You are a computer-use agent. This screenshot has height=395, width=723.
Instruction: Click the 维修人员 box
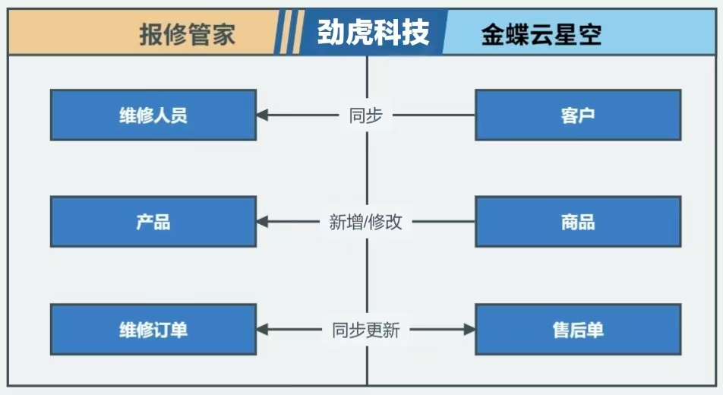point(153,115)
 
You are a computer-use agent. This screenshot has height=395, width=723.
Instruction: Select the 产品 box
point(153,222)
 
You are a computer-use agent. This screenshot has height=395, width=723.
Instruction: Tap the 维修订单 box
point(153,330)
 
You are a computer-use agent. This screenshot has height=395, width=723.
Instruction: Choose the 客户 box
point(578,115)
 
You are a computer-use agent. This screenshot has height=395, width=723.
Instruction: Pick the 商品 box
point(578,222)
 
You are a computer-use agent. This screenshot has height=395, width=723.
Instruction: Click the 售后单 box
point(578,330)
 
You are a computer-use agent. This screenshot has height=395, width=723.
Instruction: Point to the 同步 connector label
point(366,115)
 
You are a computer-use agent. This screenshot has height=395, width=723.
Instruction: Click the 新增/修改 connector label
point(366,222)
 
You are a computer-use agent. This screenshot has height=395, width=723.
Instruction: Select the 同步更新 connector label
point(366,330)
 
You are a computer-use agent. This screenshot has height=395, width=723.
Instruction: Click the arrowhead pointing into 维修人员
point(263,115)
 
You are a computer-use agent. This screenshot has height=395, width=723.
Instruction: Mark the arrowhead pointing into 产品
point(263,222)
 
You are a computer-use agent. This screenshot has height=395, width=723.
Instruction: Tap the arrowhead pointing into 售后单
point(469,330)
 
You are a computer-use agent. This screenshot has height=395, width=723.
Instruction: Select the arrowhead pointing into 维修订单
point(263,330)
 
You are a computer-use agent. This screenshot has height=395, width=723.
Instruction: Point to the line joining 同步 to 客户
point(433,115)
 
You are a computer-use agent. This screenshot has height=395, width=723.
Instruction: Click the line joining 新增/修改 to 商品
point(444,222)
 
